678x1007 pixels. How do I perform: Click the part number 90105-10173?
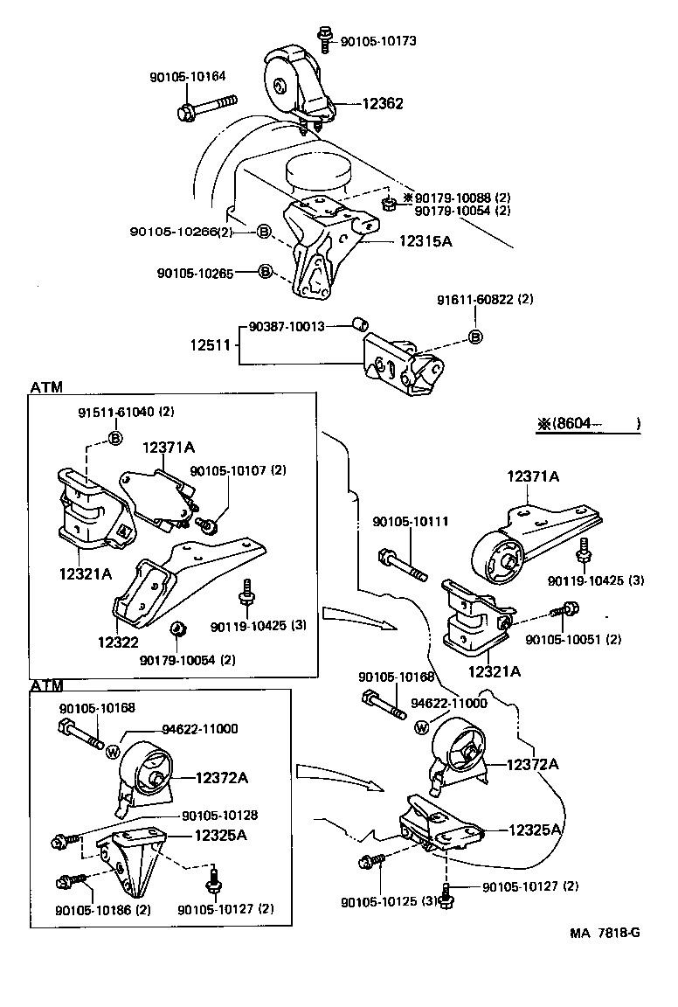[x=378, y=40]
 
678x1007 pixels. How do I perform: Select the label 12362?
[x=384, y=103]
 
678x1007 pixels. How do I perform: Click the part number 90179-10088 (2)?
[x=460, y=198]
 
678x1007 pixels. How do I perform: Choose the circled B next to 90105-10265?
[x=266, y=273]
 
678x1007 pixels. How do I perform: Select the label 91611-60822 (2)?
[x=485, y=300]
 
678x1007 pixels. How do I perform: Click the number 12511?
[x=210, y=345]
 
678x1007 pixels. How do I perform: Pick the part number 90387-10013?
[x=287, y=326]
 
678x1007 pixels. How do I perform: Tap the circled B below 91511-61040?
[x=114, y=437]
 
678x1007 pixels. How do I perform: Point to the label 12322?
[x=118, y=642]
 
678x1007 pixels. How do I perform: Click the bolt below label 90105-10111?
[x=403, y=564]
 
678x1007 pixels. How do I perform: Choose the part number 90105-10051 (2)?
[x=573, y=639]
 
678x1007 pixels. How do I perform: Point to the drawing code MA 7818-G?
[x=605, y=932]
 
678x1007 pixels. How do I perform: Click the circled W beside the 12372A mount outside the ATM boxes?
[x=423, y=726]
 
